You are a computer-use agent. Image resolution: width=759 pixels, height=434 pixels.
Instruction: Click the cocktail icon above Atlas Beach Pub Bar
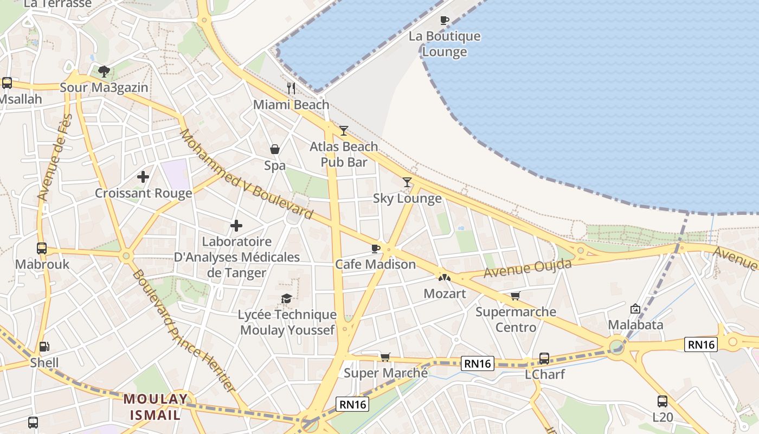(343, 130)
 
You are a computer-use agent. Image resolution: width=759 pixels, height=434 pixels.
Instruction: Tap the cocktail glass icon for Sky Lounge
(407, 182)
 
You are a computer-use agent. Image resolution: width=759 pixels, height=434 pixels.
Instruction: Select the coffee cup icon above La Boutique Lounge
(445, 21)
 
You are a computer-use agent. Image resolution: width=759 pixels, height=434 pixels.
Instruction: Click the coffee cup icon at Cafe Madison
(375, 248)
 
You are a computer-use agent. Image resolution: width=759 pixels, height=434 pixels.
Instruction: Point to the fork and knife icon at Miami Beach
(291, 88)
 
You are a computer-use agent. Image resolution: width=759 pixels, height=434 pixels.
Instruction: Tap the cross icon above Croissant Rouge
(143, 177)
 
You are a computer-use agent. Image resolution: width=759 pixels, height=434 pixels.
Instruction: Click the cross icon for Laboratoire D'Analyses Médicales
(236, 226)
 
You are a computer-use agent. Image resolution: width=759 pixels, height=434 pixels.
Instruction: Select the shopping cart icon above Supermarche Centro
(515, 296)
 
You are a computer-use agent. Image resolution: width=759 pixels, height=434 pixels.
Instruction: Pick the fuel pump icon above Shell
(44, 347)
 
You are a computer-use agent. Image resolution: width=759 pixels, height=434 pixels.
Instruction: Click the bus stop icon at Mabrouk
(42, 248)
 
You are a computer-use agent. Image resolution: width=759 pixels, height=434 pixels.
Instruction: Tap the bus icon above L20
(662, 401)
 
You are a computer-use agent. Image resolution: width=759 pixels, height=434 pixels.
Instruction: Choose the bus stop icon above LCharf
(544, 359)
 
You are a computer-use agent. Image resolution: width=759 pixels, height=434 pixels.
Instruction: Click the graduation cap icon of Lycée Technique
(286, 298)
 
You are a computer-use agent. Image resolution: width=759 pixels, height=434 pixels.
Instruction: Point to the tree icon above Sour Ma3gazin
(104, 71)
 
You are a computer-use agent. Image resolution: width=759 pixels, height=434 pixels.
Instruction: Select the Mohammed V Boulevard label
(246, 174)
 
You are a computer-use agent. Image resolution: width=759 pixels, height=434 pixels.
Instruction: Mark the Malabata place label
(635, 325)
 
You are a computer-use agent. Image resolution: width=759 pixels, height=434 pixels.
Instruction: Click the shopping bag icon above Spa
(275, 149)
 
